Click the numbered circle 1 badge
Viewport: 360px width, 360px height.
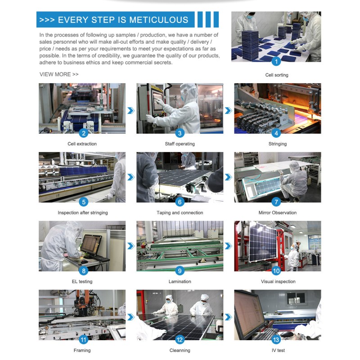point(276,61)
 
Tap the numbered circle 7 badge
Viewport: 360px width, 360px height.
point(276,202)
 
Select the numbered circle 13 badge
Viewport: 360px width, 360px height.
point(276,340)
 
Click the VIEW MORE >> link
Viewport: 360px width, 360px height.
point(59,74)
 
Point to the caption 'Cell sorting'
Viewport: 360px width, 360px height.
point(277,75)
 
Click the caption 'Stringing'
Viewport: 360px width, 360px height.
point(278,144)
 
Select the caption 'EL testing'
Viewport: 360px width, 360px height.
point(82,282)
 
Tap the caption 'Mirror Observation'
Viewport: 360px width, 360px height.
point(278,212)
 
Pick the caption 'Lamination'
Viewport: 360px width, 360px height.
point(180,282)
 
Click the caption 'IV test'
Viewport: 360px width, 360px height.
point(278,351)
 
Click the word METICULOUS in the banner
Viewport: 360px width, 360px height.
point(159,20)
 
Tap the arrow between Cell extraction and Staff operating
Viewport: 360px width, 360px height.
point(131,110)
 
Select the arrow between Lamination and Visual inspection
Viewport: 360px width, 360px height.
point(228,246)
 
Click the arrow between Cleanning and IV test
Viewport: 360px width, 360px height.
point(228,317)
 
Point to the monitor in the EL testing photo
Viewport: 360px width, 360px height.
point(91,245)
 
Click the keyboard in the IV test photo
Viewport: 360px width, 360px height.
point(266,334)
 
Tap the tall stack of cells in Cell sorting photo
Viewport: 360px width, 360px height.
point(250,45)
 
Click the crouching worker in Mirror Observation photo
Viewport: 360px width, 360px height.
point(293,181)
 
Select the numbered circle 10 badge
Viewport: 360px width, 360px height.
point(276,271)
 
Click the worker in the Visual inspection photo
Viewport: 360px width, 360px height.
point(293,256)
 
